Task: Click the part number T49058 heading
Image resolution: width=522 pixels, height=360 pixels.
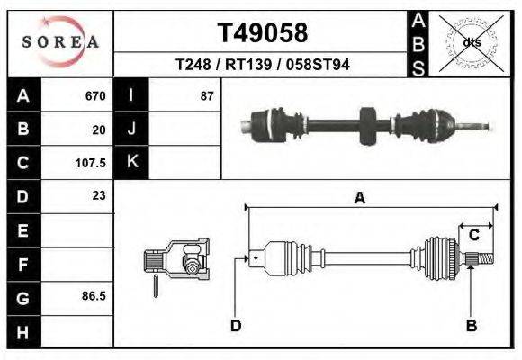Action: coord(263,33)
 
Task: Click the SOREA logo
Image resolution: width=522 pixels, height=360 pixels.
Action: coord(60,42)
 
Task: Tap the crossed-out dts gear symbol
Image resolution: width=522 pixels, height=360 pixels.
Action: coord(471,42)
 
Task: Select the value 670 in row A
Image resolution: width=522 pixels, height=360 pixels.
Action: coord(94,95)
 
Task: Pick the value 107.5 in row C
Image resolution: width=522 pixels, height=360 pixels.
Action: coord(91,163)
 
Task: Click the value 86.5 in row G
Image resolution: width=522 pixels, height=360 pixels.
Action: coord(94,295)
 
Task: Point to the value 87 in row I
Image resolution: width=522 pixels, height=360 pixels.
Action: coord(206,95)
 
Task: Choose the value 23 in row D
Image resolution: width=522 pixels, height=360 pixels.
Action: coord(98,195)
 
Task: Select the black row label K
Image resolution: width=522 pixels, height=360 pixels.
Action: coord(131,162)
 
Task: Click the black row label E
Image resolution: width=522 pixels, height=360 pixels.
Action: coord(22,230)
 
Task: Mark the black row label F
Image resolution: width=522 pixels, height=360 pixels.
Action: coord(22,263)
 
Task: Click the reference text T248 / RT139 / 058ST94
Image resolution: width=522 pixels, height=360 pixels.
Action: coord(263,65)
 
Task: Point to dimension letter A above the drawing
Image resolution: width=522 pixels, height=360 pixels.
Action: coord(359,199)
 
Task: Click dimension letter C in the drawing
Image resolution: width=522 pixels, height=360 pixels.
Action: coord(473,235)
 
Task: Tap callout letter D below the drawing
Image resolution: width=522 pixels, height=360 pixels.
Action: coord(235,325)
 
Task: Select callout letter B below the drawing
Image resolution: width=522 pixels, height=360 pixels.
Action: coord(470,325)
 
